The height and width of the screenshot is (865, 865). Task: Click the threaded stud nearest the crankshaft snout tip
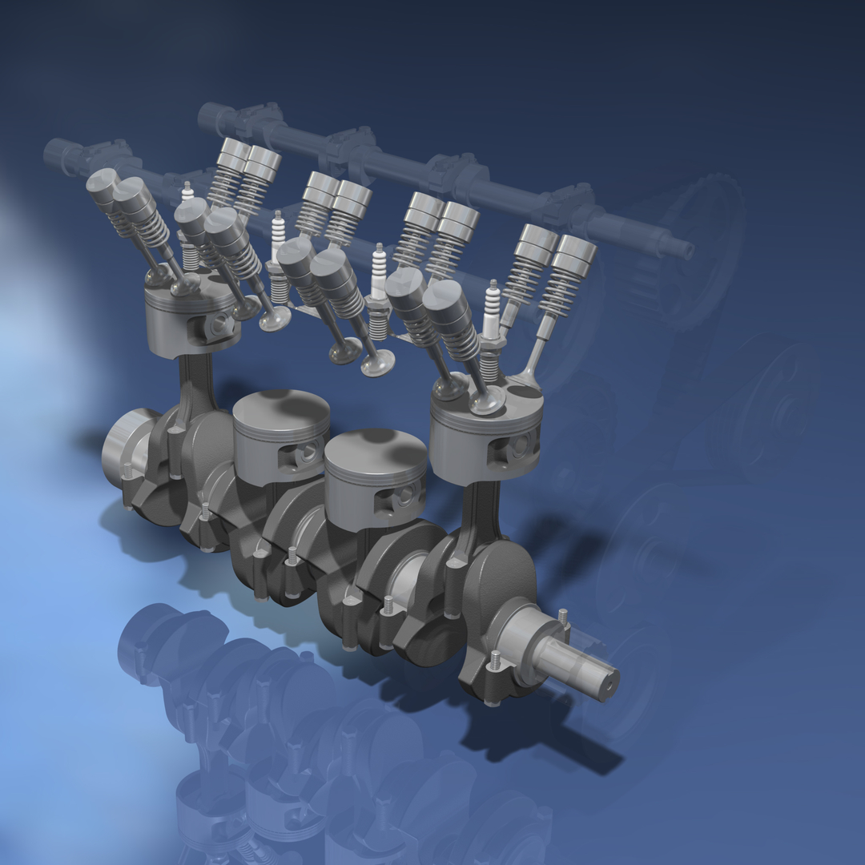pos(563,617)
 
